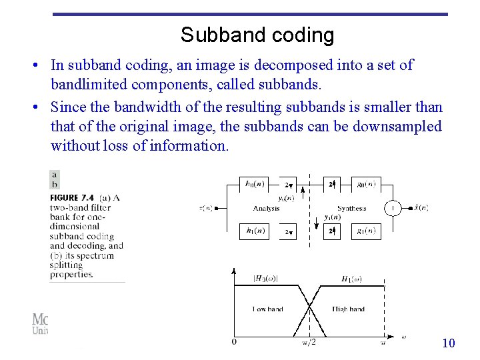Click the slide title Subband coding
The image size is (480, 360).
point(257,35)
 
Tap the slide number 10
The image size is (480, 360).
point(449,343)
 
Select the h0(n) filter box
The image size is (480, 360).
point(253,184)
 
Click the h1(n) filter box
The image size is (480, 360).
point(253,231)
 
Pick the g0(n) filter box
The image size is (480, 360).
point(365,184)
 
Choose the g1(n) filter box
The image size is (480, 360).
point(365,231)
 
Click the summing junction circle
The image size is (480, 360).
point(392,208)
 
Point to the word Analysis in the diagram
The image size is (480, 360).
point(266,209)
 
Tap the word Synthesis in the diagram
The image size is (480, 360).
point(352,209)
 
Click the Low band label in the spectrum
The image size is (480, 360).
point(267,309)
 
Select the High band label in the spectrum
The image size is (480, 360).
point(348,309)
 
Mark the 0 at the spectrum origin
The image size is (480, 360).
point(233,343)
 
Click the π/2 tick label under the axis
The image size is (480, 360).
point(309,343)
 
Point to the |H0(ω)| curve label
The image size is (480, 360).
point(265,278)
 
